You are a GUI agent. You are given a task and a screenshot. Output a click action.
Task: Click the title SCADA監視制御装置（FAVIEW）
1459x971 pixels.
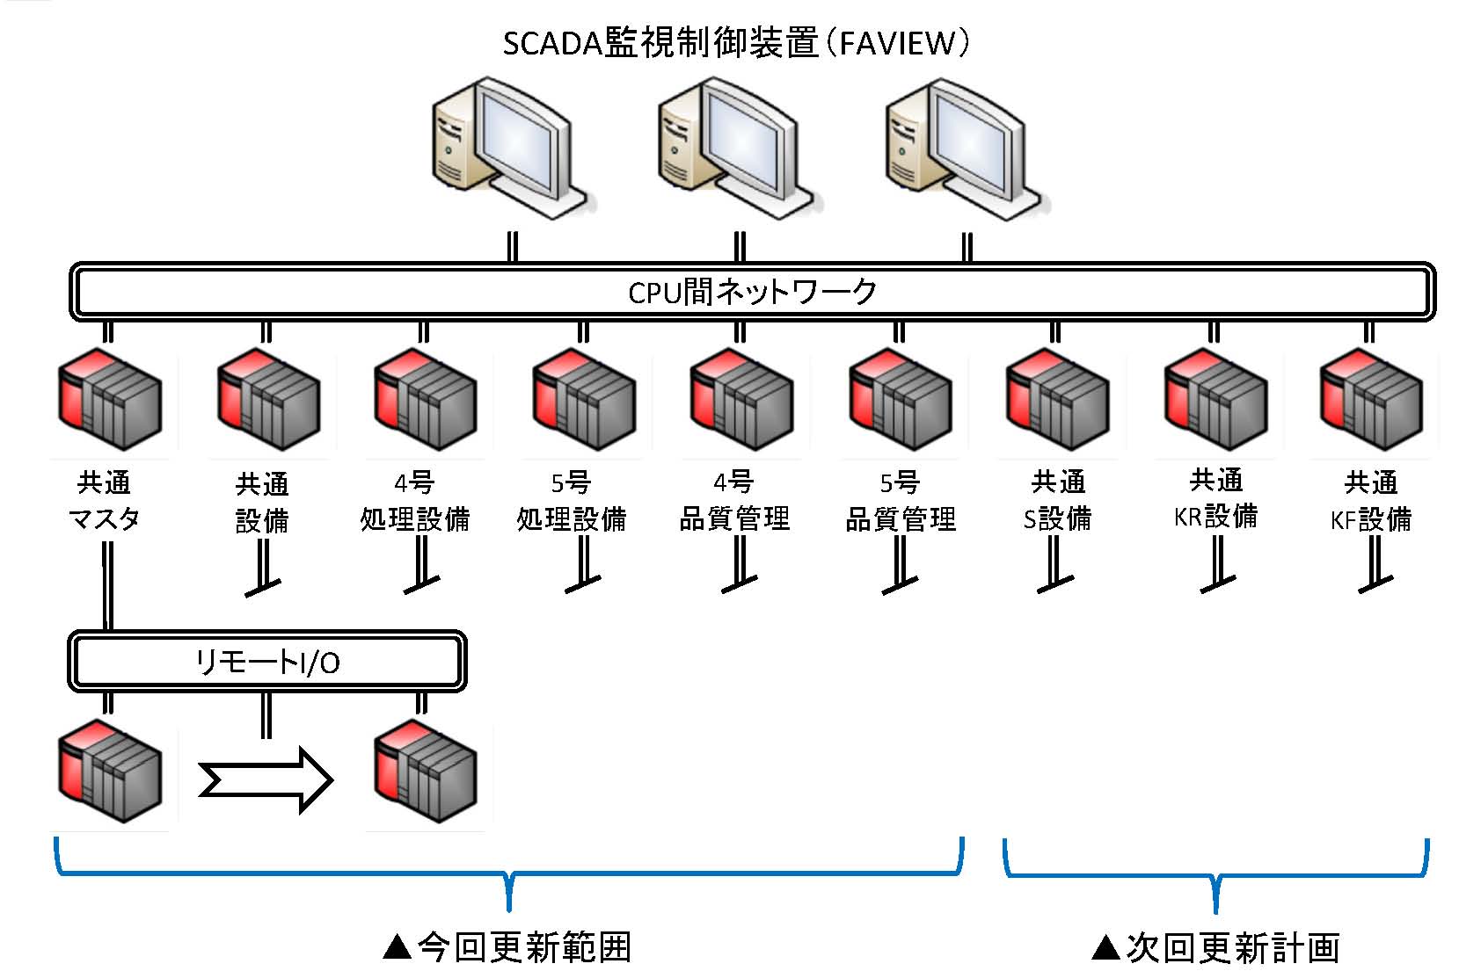[735, 43]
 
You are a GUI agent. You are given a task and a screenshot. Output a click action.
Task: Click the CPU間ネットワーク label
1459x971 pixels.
[752, 292]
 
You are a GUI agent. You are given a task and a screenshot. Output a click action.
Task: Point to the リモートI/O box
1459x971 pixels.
[266, 661]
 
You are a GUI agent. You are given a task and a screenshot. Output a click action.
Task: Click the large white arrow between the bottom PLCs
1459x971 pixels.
[266, 779]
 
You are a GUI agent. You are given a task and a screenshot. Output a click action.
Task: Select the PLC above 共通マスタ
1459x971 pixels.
[110, 400]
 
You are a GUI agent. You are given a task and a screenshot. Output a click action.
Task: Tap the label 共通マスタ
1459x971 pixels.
[104, 501]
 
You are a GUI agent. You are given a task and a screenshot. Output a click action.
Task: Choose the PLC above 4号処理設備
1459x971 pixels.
[426, 400]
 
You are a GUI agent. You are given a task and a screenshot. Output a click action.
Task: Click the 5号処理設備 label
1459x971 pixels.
[571, 502]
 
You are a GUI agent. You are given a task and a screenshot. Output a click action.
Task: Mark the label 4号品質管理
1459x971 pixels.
[734, 501]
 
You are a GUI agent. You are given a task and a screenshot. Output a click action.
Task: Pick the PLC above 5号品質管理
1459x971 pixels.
[900, 400]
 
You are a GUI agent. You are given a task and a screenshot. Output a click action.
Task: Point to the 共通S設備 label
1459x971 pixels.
[1057, 501]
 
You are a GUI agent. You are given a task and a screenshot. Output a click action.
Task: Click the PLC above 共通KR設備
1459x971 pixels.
[1215, 400]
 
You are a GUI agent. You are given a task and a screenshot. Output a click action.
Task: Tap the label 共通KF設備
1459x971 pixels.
[1370, 502]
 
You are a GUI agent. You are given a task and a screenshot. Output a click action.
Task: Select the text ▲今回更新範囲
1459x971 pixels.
[507, 947]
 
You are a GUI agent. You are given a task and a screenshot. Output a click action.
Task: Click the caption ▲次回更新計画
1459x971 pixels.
[1215, 948]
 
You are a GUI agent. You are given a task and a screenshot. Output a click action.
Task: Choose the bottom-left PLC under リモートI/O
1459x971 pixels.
[110, 772]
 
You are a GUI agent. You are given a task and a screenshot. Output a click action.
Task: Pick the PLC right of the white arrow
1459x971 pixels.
[426, 772]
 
